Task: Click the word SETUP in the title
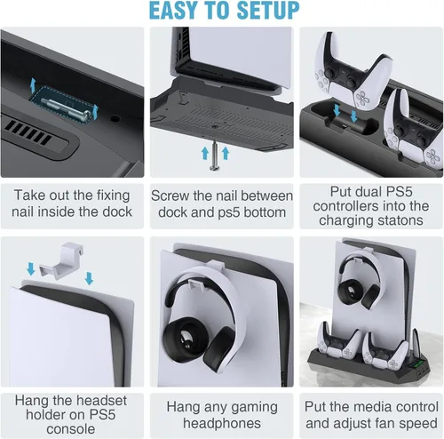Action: (x=268, y=11)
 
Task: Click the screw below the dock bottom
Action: (x=215, y=156)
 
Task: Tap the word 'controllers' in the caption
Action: (x=344, y=206)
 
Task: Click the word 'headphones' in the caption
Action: (x=222, y=423)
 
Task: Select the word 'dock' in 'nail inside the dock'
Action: (x=117, y=212)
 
